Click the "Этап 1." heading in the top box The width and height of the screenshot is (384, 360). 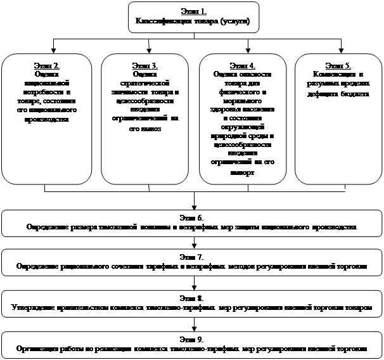pos(193,11)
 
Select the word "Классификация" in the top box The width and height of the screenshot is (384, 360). pos(160,21)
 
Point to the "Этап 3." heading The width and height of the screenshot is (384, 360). pos(144,66)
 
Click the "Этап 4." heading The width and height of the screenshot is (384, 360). pos(243,66)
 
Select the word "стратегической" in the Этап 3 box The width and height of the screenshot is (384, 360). pos(144,84)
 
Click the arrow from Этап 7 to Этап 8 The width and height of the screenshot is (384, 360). pos(193,286)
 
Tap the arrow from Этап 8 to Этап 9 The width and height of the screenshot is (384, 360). pos(193,327)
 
